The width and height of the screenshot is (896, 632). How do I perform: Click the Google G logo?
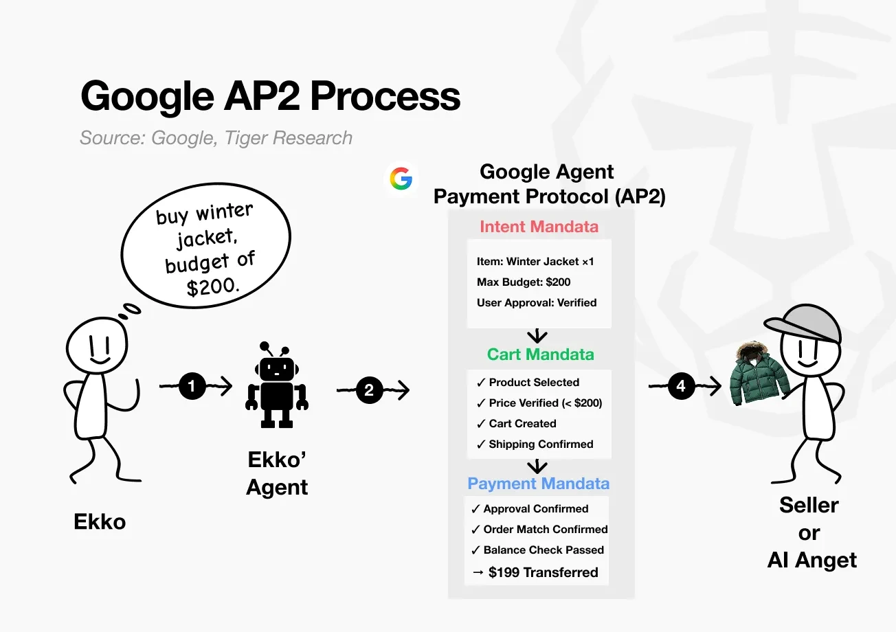coord(401,179)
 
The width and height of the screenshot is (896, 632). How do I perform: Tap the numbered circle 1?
coord(192,387)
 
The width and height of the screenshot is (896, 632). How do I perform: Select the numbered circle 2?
coord(369,390)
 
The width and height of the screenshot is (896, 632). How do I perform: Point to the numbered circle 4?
coord(680,386)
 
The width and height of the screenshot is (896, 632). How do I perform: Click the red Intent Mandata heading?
coord(539,227)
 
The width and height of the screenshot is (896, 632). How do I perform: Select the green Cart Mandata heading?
coord(540,354)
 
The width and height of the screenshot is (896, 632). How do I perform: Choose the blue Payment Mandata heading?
coord(538,484)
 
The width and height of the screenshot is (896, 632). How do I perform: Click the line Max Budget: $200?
coord(524,282)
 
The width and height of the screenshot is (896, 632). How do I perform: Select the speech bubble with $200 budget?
coord(205,250)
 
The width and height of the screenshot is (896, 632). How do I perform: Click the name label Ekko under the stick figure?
coord(100,522)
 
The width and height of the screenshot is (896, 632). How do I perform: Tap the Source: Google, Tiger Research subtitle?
coord(216,138)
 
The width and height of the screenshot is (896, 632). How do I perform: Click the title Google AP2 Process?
coord(270,96)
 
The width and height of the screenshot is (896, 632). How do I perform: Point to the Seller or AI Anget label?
coord(811,532)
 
